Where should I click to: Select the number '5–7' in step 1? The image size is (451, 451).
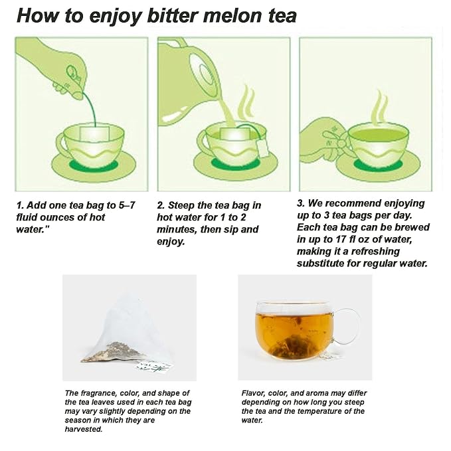(x=127, y=205)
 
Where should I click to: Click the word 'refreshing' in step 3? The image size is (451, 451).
(x=375, y=251)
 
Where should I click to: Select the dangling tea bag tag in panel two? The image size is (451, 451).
(x=262, y=148)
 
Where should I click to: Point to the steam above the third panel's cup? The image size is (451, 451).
(x=379, y=107)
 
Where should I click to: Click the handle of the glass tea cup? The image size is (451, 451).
(x=348, y=325)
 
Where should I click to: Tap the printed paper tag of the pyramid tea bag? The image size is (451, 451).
(x=154, y=366)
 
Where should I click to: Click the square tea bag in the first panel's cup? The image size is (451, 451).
(x=94, y=134)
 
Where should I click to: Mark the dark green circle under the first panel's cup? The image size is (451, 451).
(x=94, y=166)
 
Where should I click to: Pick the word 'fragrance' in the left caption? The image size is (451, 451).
(x=97, y=393)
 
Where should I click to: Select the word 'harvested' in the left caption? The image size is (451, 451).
(x=83, y=430)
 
